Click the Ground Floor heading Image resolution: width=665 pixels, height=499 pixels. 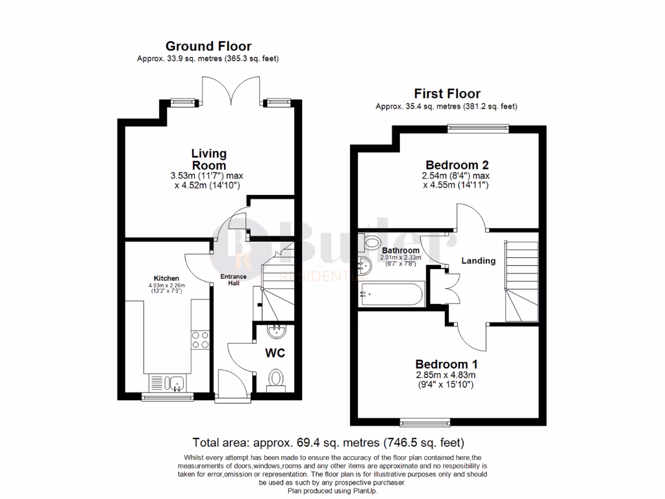[x=208, y=46]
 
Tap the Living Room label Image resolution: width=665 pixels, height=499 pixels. [x=208, y=159]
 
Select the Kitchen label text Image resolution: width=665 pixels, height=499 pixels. [x=166, y=278]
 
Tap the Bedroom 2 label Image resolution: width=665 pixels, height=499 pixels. [x=457, y=164]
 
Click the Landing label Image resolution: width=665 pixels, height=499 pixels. [x=479, y=261]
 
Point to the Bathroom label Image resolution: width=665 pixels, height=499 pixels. [x=400, y=249]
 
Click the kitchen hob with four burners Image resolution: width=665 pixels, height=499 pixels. [x=200, y=340]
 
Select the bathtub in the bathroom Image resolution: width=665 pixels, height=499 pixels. [x=391, y=296]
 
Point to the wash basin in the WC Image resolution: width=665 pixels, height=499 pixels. [x=276, y=332]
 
